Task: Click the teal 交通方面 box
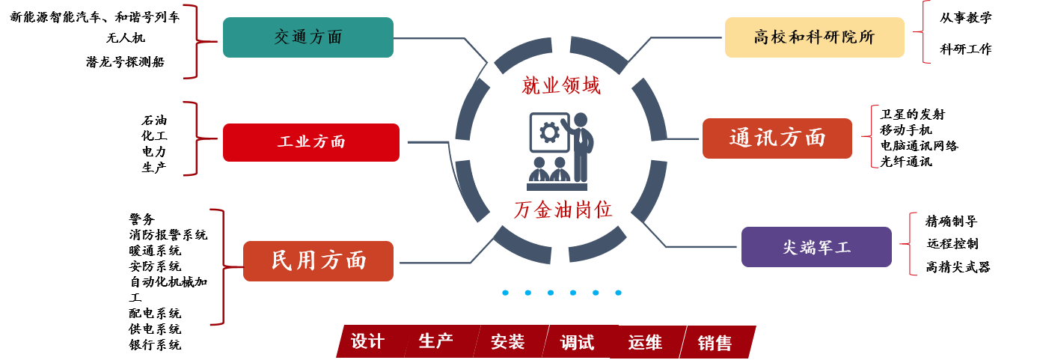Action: pos(308,37)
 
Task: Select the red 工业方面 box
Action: pos(311,142)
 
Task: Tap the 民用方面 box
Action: pos(318,261)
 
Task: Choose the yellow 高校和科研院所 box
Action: pos(814,37)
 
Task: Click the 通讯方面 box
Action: pos(777,138)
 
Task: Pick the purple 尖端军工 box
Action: pos(816,247)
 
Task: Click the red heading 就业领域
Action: pos(561,86)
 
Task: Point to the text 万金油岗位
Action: pos(563,210)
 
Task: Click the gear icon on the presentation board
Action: pos(549,132)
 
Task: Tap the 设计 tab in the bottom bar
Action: pos(367,341)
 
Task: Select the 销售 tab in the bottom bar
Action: pos(715,343)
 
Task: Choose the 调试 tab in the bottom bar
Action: pos(577,342)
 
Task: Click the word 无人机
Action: pos(126,38)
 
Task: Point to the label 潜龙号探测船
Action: pos(125,61)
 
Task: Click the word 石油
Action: pos(154,120)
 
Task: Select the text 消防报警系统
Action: pos(168,235)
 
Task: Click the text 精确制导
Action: pos(952,222)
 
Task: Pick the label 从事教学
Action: pos(966,18)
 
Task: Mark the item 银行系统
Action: pos(155,345)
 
